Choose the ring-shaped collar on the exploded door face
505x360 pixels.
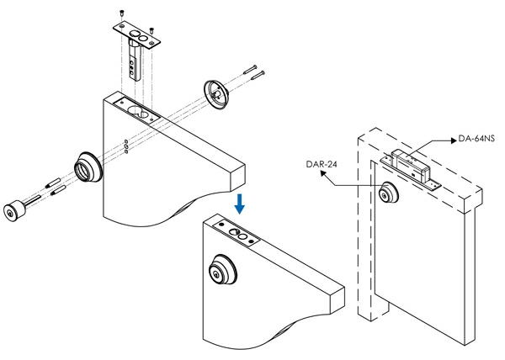pyautogui.click(x=88, y=165)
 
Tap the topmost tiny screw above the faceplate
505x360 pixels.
pyautogui.click(x=123, y=12)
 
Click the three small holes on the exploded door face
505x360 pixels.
pyautogui.click(x=125, y=145)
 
